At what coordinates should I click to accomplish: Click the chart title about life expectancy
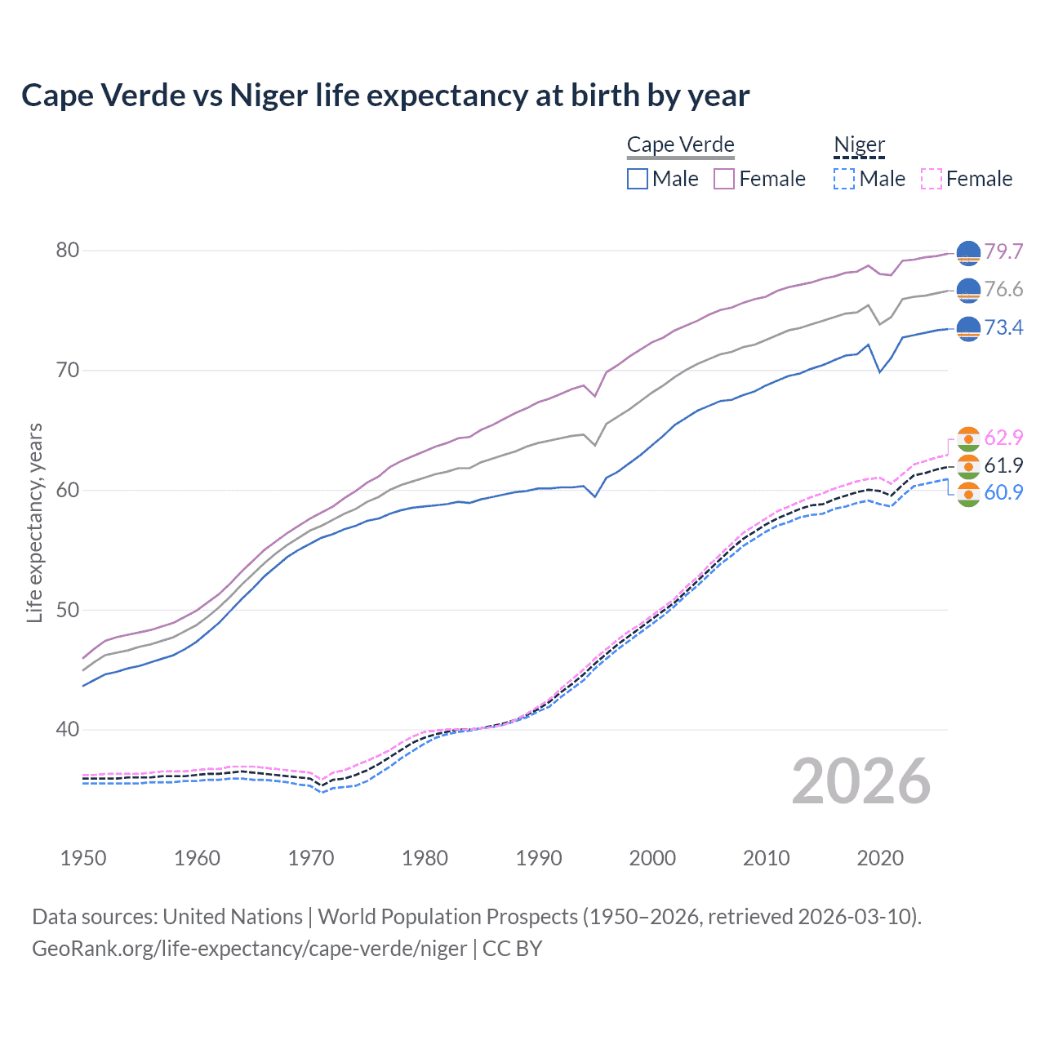pos(385,96)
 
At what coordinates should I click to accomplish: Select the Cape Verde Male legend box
pos(638,179)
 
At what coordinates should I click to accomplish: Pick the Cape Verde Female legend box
pos(724,179)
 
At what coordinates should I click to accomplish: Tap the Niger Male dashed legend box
pos(844,179)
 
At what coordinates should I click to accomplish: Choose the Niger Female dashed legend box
pos(931,179)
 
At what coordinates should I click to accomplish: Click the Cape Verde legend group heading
pos(680,145)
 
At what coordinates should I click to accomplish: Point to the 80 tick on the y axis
pos(68,251)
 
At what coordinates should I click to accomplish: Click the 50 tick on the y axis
pos(68,610)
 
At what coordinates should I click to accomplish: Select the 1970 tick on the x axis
pos(311,858)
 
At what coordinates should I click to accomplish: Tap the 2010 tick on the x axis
pos(766,858)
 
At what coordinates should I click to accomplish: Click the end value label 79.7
pos(1003,251)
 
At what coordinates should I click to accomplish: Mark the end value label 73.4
pos(1003,328)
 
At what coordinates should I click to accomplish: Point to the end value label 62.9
pos(1003,438)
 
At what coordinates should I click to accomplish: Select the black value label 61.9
pos(1003,465)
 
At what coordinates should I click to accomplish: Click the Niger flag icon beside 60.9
pos(968,494)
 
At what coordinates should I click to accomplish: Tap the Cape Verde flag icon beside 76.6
pos(968,290)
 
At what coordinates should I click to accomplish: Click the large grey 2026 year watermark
pos(860,781)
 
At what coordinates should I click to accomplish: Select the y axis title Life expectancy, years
pos(34,522)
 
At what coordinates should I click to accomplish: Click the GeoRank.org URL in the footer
pos(249,949)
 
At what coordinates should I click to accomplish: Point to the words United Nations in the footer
pos(233,917)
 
